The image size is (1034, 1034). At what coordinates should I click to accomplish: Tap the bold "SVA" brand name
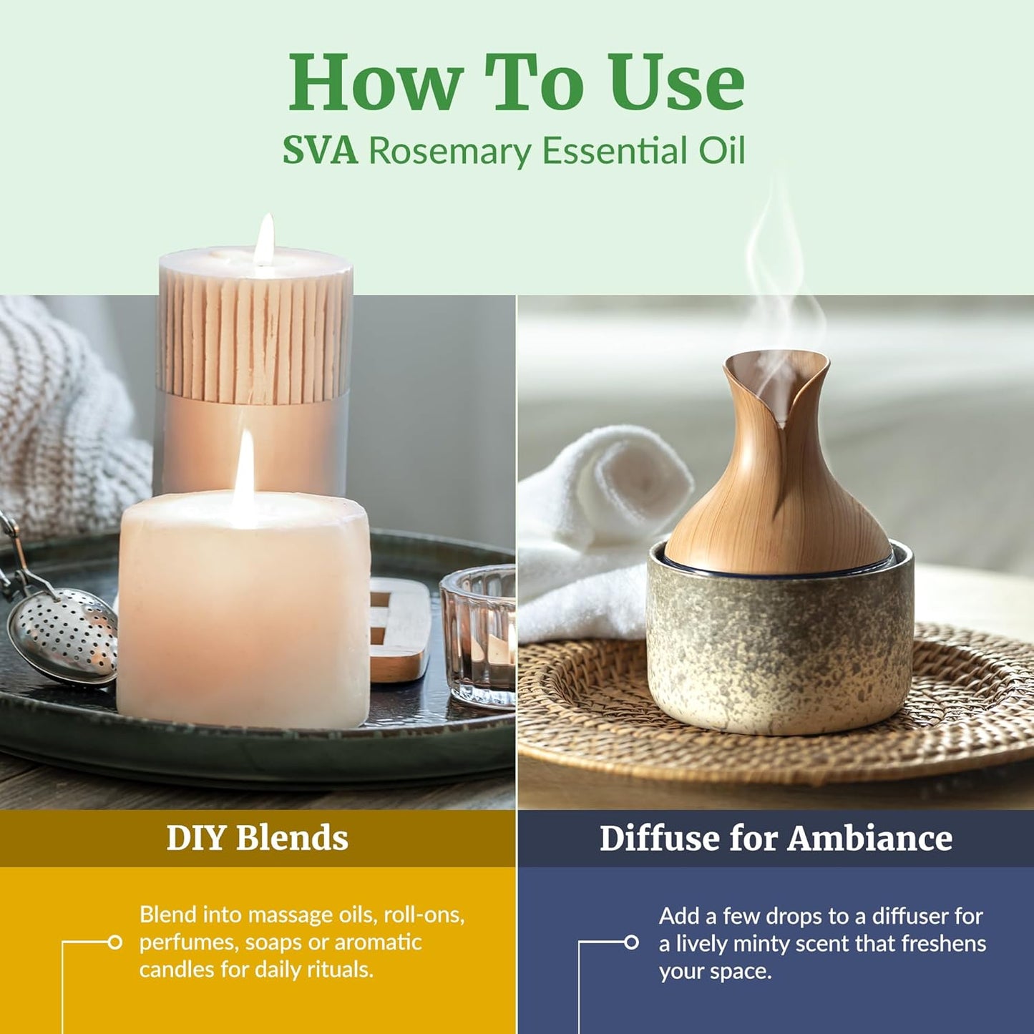[x=320, y=151]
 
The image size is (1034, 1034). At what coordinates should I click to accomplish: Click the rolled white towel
[x=594, y=515]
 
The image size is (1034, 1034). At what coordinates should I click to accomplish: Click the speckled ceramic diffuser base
[x=780, y=644]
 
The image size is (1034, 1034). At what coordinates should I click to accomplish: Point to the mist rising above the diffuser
[x=776, y=272]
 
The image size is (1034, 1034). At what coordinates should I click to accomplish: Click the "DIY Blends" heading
[x=257, y=838]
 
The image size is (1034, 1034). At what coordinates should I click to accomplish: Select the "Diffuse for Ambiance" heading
[x=776, y=838]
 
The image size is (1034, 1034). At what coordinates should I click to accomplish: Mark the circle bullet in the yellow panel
[x=114, y=942]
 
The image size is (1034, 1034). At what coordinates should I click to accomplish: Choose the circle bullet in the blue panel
[x=631, y=942]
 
